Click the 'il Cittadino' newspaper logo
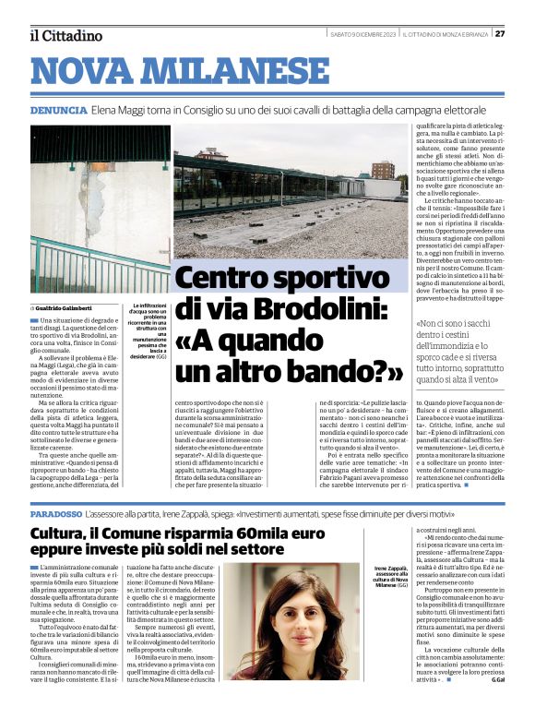65,35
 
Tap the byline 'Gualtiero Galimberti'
73,307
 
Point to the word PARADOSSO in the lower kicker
55,512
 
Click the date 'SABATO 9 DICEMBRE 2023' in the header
365,34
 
